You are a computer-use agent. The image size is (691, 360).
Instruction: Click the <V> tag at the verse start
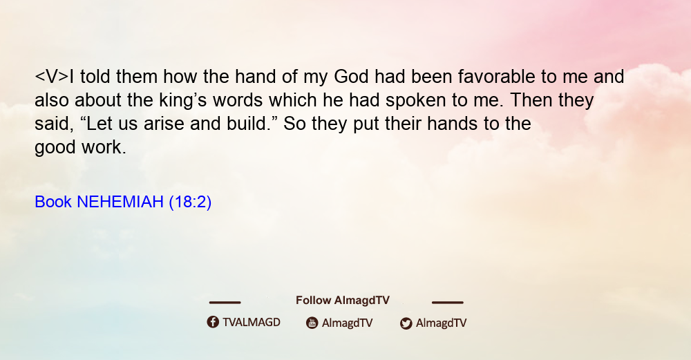pyautogui.click(x=52, y=77)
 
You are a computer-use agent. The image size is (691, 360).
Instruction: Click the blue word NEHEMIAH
pyautogui.click(x=120, y=202)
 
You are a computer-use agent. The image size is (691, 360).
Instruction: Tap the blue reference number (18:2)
pyautogui.click(x=190, y=202)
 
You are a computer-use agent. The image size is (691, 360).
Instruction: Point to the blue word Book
pyautogui.click(x=53, y=202)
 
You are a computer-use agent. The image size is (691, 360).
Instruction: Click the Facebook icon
pyautogui.click(x=213, y=322)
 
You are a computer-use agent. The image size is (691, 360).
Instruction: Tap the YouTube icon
pyautogui.click(x=312, y=323)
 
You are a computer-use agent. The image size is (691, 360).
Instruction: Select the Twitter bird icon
pyautogui.click(x=406, y=323)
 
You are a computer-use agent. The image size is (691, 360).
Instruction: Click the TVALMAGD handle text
pyautogui.click(x=252, y=322)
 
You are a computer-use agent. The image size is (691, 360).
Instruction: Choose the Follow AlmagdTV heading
pyautogui.click(x=343, y=300)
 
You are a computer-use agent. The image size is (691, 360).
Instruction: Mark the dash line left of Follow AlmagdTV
pyautogui.click(x=225, y=302)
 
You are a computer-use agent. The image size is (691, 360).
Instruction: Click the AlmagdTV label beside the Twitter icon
pyautogui.click(x=441, y=323)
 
